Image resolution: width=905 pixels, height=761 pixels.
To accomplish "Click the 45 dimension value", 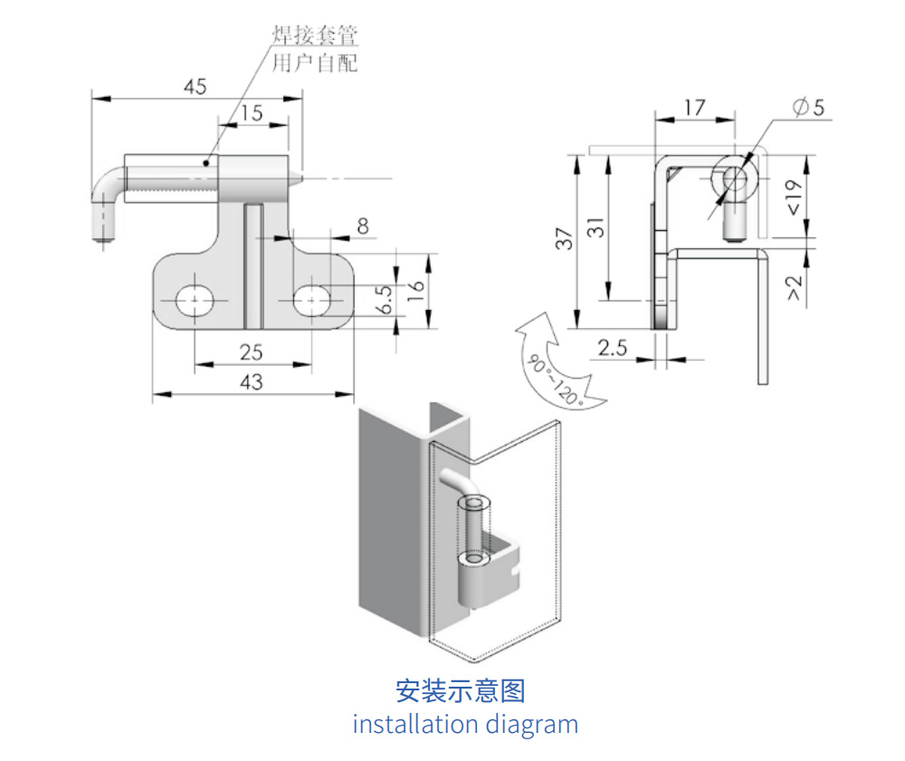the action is pos(195,87).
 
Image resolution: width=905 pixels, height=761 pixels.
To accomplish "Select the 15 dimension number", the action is pos(252,112).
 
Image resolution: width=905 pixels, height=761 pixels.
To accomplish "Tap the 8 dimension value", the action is pos(363,226).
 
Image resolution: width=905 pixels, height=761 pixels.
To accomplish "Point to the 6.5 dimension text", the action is pos(385,299).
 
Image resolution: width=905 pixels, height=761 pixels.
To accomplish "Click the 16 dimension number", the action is pos(415,289).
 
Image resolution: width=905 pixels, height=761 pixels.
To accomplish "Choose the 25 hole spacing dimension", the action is pos(251,352).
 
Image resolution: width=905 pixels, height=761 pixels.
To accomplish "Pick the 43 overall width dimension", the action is pos(251,382).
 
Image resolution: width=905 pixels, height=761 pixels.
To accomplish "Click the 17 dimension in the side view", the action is pos(695,108).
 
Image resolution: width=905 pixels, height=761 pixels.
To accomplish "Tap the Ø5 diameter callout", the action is pos(808,107).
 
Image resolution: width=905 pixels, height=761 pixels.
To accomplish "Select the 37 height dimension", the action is pos(564,238).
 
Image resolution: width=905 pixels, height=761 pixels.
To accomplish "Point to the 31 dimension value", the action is pos(595,227).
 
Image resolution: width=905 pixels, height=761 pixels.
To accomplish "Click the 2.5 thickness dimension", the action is pos(612,348).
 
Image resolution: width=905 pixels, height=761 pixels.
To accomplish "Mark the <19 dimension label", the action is pos(795,197).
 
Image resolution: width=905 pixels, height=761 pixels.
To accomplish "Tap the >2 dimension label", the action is pos(795,288).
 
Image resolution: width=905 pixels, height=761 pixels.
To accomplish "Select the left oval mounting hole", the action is pos(195,301).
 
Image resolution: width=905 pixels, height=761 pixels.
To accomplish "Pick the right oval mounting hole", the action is pos(311,301).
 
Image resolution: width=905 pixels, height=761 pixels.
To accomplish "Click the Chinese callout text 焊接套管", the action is pos(315,35).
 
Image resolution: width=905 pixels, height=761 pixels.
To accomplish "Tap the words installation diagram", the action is pos(465,724).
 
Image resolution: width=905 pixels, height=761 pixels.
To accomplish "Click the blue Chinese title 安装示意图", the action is pos(460,691).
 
